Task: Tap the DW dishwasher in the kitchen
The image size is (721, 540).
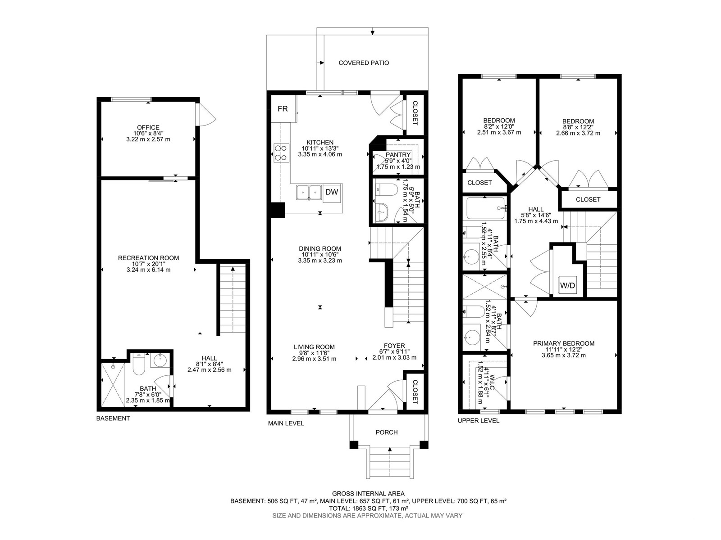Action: coord(332,192)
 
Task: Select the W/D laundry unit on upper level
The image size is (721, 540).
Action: coord(568,285)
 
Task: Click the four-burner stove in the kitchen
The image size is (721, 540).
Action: coord(282,153)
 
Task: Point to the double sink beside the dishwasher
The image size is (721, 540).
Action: coord(309,192)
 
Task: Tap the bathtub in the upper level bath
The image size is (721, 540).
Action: coord(485,208)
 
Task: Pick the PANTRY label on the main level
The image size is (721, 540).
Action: coord(398,155)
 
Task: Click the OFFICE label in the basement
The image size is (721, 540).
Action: coord(148,127)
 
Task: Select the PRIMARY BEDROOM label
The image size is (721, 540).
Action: coord(564,343)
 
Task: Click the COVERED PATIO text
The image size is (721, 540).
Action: coord(364,63)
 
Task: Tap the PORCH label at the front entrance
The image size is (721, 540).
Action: coord(387,432)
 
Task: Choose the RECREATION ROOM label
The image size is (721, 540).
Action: coord(148,258)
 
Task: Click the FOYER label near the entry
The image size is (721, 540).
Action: coord(394,346)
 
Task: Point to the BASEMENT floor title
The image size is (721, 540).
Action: coord(113,418)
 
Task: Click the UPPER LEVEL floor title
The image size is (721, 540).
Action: coord(479,421)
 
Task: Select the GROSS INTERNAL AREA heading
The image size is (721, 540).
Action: coord(368,494)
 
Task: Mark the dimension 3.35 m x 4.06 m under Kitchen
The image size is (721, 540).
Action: coord(320,154)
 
